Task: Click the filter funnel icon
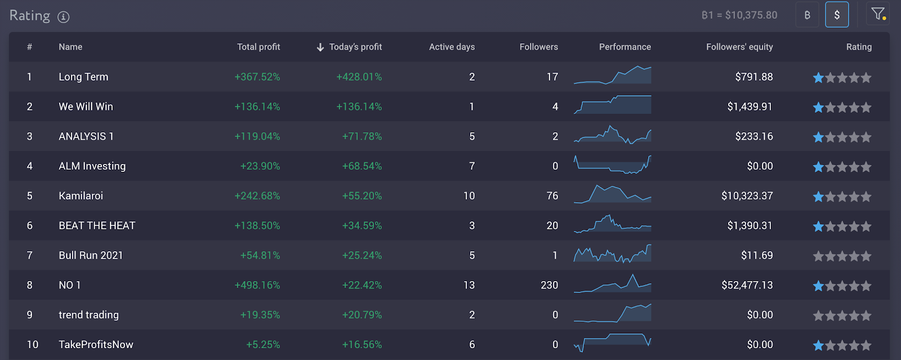pos(877,14)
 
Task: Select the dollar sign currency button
pos(837,15)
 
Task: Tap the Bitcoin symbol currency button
pos(808,15)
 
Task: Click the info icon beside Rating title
pos(64,17)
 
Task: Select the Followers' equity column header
pos(739,47)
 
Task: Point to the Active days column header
pos(452,47)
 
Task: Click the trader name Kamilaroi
pos(81,195)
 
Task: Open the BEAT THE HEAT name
pos(97,225)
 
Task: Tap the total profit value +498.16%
pos(257,285)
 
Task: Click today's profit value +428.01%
pos(359,77)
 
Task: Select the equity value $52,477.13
pos(747,285)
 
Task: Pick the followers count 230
pos(549,285)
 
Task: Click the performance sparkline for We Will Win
pos(613,105)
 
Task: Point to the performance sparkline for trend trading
pos(613,313)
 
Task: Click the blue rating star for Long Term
pos(818,78)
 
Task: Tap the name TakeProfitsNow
pos(96,344)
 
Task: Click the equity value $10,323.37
pos(747,195)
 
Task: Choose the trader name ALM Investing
pos(92,166)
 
